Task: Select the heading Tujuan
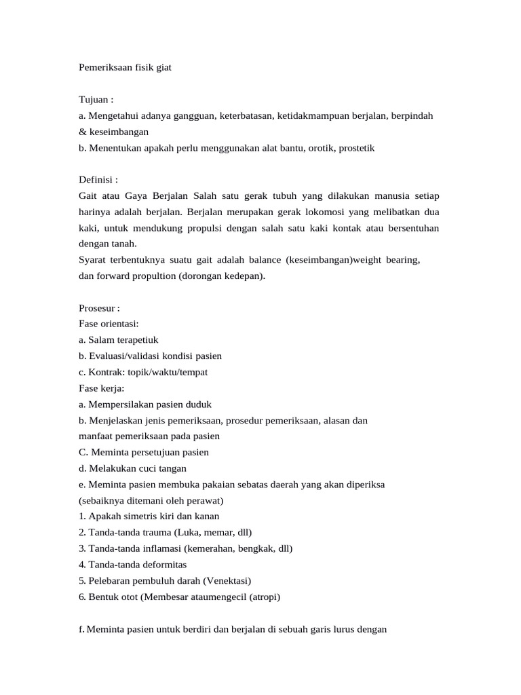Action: (x=96, y=99)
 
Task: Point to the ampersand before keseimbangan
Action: (x=83, y=132)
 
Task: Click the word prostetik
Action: (x=352, y=147)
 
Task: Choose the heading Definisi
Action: (x=98, y=180)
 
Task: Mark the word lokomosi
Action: (x=317, y=211)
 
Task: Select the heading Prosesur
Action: (x=99, y=308)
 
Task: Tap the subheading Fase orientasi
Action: (x=109, y=324)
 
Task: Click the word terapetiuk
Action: (x=136, y=339)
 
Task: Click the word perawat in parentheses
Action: (x=206, y=501)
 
